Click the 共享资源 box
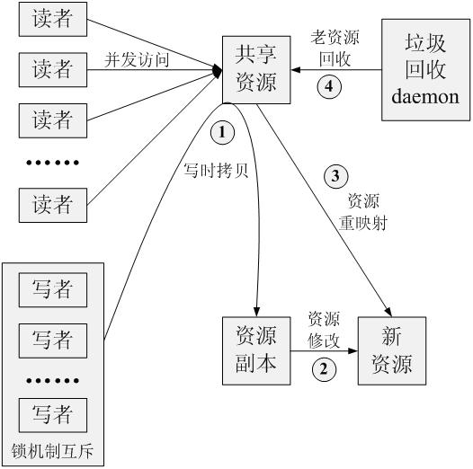coord(259,70)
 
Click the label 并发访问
coord(138,61)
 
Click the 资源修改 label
coord(324,328)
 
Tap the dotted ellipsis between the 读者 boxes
coord(52,163)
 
